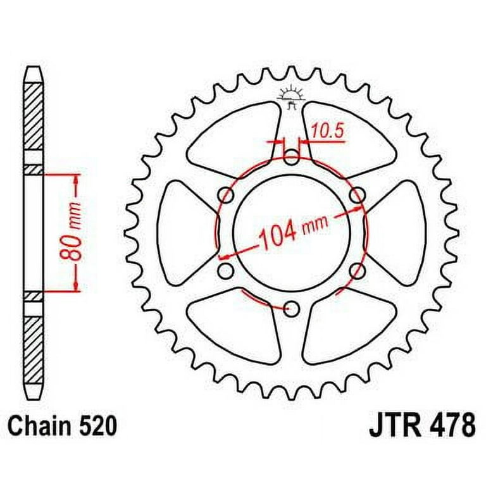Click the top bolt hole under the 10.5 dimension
point(290,156)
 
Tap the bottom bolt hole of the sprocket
point(291,309)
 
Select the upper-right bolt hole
point(357,194)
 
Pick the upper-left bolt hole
point(225,194)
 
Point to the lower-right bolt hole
point(357,271)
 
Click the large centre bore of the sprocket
point(291,215)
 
